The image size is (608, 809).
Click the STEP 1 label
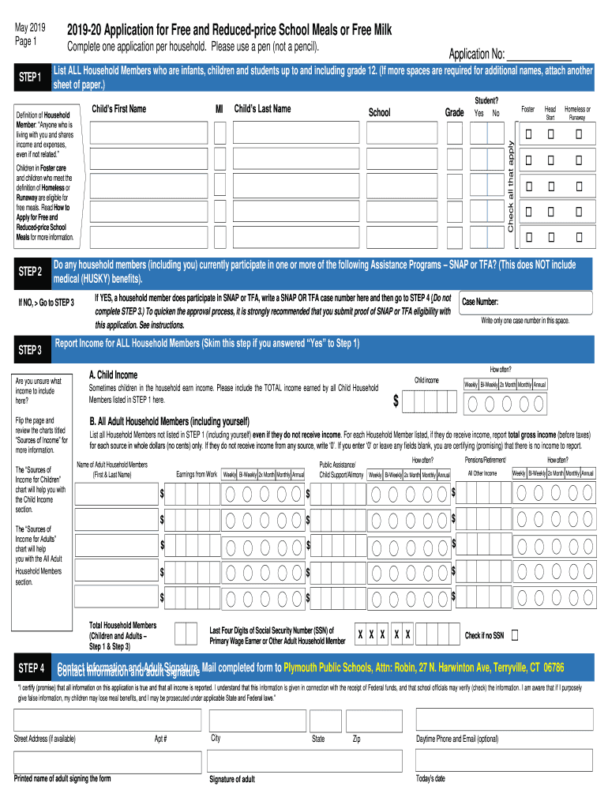(29, 77)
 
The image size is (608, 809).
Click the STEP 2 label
(29, 273)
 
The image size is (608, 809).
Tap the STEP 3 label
(29, 349)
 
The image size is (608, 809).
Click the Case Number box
(526, 303)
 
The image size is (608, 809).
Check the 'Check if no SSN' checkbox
(516, 634)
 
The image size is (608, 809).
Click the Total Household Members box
(186, 634)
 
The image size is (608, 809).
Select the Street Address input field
(107, 720)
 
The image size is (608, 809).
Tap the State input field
(325, 720)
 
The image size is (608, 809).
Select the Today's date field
(503, 760)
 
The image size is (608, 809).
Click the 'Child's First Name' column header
(119, 109)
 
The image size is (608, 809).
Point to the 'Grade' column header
(454, 113)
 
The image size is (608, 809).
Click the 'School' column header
(379, 113)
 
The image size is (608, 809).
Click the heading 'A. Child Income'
(113, 374)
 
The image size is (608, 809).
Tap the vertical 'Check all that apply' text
(511, 186)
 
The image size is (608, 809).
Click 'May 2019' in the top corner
(31, 28)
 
